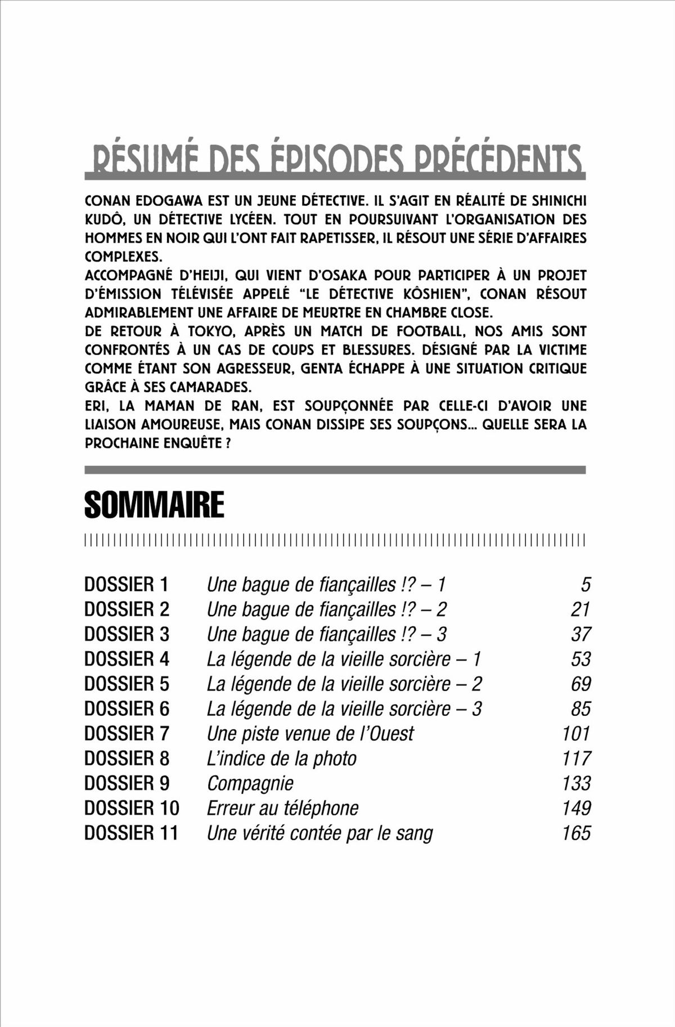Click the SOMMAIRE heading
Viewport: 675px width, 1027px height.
[154, 505]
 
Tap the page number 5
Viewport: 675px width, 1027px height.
[586, 585]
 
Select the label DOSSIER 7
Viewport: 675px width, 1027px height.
[127, 734]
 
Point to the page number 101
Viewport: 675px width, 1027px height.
[576, 734]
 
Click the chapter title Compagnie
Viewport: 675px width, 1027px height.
[250, 783]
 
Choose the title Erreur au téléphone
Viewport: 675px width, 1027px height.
[282, 808]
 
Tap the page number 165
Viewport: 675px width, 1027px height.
[576, 833]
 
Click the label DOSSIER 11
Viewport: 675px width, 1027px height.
[131, 833]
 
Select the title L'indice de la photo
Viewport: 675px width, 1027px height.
[282, 759]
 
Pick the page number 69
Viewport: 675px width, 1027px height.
[580, 684]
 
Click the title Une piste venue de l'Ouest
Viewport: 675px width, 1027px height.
[310, 734]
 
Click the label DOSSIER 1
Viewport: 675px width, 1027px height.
[126, 585]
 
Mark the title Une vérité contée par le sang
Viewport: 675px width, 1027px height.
[319, 833]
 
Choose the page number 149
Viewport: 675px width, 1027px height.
[576, 808]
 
